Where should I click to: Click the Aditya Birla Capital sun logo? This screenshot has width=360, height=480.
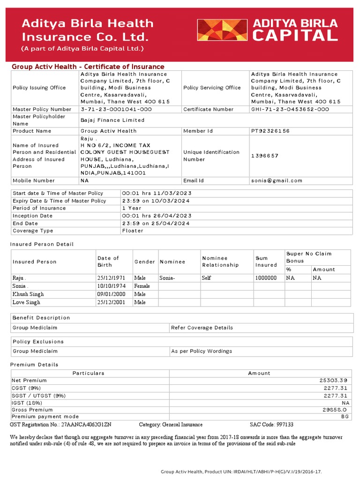pos(222,30)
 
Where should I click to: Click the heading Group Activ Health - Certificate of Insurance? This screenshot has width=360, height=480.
pos(88,67)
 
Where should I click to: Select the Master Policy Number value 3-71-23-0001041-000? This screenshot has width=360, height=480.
pos(116,109)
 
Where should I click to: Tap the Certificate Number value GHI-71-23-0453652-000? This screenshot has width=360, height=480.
pos(290,109)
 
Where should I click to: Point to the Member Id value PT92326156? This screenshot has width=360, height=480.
pos(270,131)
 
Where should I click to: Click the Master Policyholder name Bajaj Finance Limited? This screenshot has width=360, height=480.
pos(112,120)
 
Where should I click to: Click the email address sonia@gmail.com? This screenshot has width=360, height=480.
pos(277,180)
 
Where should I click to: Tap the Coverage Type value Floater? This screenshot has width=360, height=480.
pos(132,231)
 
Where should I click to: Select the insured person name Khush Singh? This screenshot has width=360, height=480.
pos(28,294)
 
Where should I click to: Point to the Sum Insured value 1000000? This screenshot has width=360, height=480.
pos(266,278)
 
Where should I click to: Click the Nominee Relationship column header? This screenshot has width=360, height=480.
pos(220,262)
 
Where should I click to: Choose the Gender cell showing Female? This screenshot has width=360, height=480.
pos(142,286)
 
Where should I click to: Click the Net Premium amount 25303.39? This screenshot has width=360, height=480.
pos(330,381)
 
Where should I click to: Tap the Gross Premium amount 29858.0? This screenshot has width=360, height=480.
pos(334,409)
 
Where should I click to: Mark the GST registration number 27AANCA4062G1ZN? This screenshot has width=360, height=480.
pos(86,425)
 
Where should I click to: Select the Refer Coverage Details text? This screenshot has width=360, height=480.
pos(202,328)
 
